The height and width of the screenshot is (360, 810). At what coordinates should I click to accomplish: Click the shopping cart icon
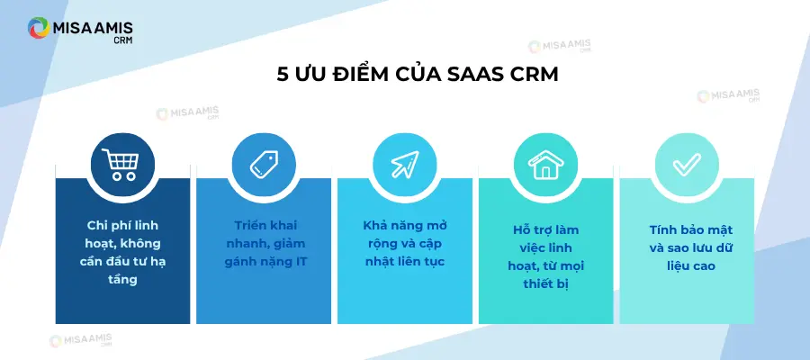coord(121,164)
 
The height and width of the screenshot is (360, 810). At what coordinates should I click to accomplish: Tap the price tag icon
coord(264,165)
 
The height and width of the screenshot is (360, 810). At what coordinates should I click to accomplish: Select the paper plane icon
coord(405,165)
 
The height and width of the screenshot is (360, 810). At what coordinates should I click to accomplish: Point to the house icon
coord(546,165)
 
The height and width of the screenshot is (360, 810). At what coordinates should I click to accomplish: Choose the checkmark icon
coord(687,165)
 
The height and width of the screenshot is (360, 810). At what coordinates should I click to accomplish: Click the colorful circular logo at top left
coord(39,28)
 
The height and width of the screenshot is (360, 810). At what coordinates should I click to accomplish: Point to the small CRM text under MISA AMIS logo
coord(123,40)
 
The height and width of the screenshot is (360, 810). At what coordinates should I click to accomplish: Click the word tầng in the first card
coord(123,280)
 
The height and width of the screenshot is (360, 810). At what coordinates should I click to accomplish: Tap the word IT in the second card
coord(301,262)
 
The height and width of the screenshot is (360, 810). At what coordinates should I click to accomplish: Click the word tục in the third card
coord(434,262)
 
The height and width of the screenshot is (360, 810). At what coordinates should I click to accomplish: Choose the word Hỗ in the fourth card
coord(517,229)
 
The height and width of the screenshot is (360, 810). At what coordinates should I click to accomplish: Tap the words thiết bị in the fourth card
coord(545,284)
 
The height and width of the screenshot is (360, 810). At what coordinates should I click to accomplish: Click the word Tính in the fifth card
coord(663,229)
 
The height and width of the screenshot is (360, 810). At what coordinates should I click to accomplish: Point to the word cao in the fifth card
coord(704,266)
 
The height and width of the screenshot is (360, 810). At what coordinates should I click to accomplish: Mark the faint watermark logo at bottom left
coord(80,341)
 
